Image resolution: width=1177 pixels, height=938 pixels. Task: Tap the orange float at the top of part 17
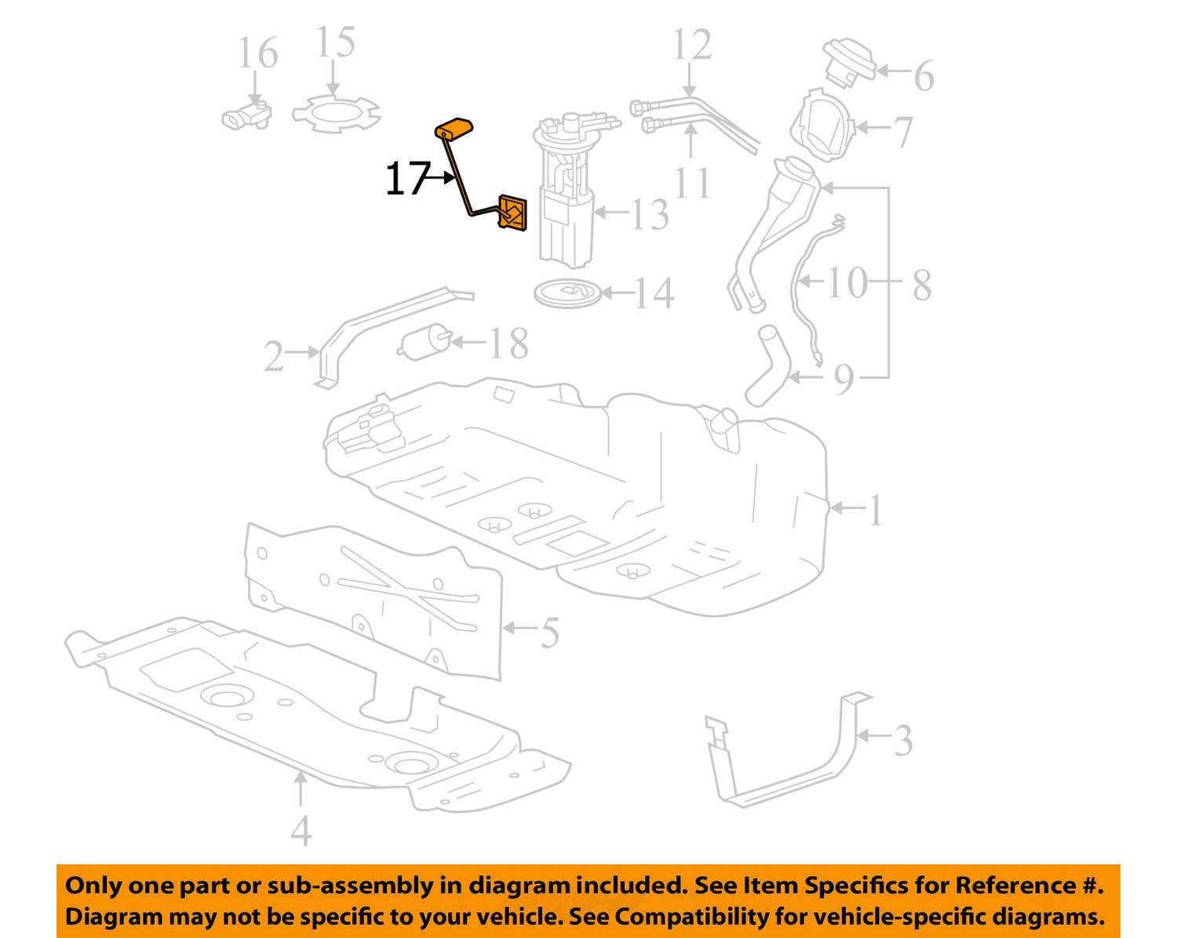(x=455, y=129)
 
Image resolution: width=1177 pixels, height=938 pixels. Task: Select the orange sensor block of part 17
(x=512, y=213)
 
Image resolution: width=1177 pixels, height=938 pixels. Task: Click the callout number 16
(x=257, y=53)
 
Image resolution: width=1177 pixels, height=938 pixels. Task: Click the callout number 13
(x=649, y=213)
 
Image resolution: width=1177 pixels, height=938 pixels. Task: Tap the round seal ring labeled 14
(x=567, y=293)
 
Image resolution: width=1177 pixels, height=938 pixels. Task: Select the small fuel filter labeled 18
(x=425, y=344)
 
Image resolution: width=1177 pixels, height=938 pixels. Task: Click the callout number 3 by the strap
(x=903, y=740)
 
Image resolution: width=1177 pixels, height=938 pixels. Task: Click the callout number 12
(x=692, y=45)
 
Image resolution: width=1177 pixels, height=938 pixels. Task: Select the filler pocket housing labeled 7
(x=820, y=127)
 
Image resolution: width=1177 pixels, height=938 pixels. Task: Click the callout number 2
(x=273, y=357)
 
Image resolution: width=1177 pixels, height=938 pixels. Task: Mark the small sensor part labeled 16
(x=246, y=115)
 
